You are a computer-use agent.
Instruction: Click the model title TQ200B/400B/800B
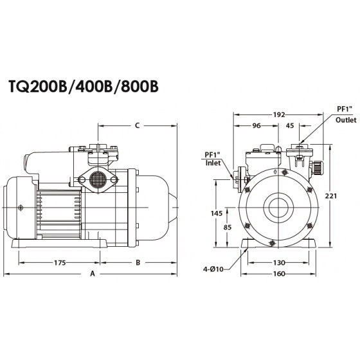click(84, 86)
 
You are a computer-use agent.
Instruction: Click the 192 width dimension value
click(279, 114)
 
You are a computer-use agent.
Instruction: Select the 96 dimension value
click(256, 125)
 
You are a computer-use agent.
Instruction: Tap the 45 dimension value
click(290, 125)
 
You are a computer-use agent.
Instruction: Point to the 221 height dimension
click(331, 196)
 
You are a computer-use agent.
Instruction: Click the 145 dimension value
click(217, 213)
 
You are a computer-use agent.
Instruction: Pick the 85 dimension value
click(228, 228)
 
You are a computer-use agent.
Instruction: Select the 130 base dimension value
click(279, 262)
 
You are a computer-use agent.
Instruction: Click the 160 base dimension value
click(279, 274)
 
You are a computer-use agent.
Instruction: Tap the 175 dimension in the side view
click(60, 262)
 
